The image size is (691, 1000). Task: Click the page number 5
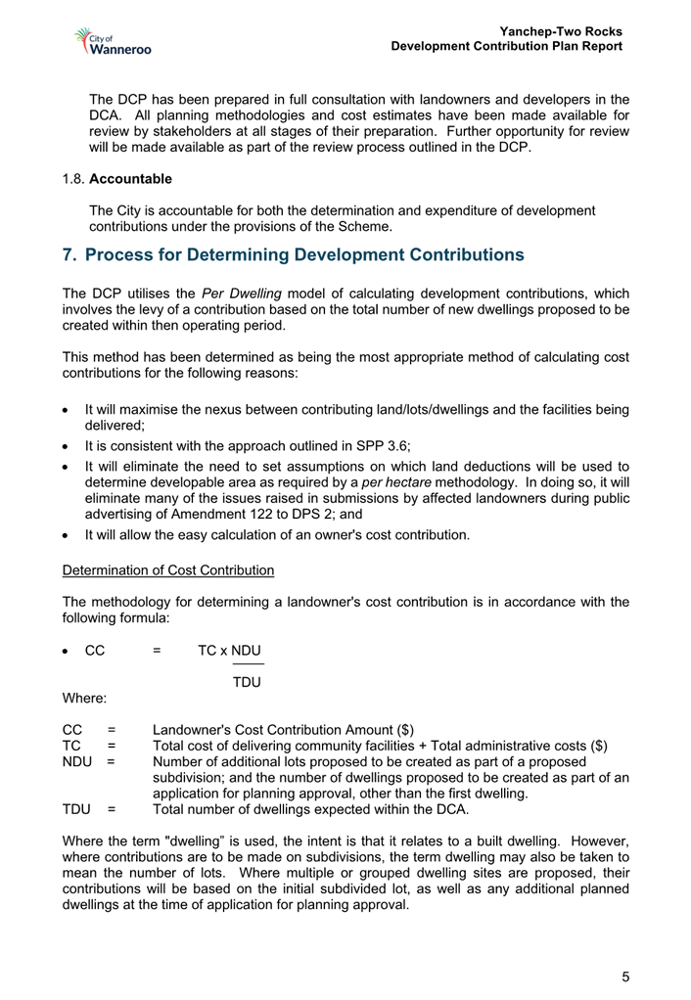(625, 977)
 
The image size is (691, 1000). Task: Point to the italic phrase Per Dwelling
(241, 294)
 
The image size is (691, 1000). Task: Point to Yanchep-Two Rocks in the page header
(561, 31)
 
